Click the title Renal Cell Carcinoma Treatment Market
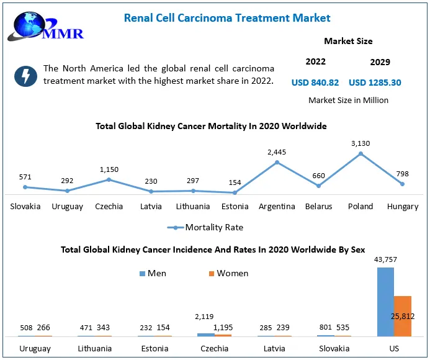[227, 18]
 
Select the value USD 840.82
[315, 83]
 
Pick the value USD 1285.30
[375, 83]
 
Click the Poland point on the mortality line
[360, 153]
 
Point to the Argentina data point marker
[277, 162]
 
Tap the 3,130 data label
[360, 143]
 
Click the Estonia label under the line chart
[235, 207]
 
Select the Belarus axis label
[319, 207]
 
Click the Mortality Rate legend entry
[205, 227]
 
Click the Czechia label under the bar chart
[214, 349]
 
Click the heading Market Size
[348, 41]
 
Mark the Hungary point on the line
[403, 184]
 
